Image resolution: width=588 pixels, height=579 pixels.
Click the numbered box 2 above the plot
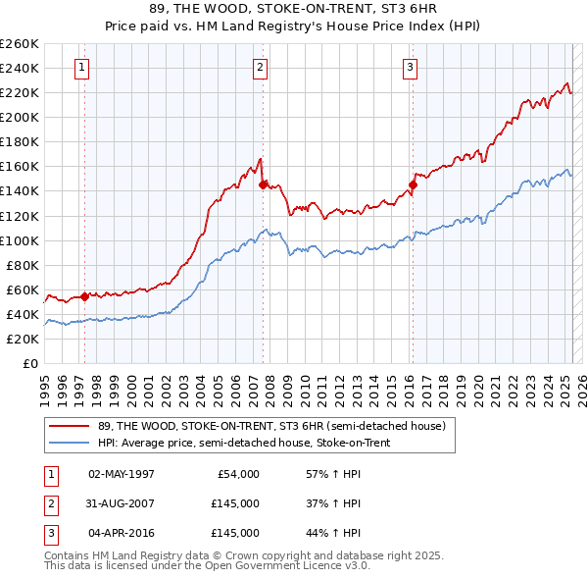(260, 68)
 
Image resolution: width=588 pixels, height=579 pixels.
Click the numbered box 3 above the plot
(409, 68)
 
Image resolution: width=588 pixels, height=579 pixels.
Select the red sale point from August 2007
(263, 184)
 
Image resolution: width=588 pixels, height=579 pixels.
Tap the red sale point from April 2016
(413, 184)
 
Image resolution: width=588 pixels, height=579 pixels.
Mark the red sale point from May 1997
(84, 296)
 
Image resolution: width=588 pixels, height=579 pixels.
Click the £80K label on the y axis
(23, 265)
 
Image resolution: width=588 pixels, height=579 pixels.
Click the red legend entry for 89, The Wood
(271, 426)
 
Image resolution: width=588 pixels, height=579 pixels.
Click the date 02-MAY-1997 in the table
(122, 474)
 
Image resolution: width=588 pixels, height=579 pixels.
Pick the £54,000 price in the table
(236, 474)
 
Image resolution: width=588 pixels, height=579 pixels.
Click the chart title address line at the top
(293, 12)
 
